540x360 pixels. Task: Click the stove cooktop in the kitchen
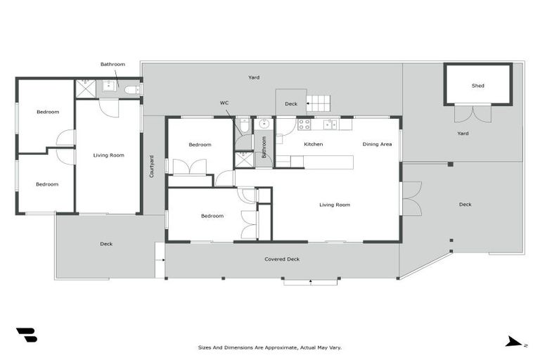tap(304, 124)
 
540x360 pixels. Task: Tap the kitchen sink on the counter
tap(328, 124)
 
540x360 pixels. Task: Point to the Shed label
tap(477, 86)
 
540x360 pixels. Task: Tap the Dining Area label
tap(377, 144)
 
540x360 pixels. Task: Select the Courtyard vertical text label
tap(151, 167)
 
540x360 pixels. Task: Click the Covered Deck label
tap(282, 259)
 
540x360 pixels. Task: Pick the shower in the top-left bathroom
tap(85, 89)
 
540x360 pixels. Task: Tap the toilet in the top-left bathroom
tap(131, 89)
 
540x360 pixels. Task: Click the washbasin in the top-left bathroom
tap(109, 87)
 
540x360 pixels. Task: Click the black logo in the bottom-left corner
tap(26, 335)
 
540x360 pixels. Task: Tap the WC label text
tap(224, 103)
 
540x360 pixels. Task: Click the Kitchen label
tap(313, 144)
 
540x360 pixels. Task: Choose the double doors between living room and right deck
tap(411, 198)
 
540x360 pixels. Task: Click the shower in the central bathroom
tap(243, 159)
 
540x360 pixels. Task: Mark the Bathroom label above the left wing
tap(112, 64)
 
